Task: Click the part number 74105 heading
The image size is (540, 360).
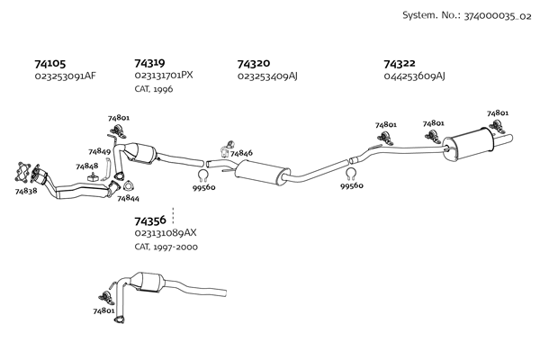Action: tap(50, 64)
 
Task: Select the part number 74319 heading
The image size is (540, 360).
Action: tap(149, 63)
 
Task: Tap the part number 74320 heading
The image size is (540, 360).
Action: tap(254, 64)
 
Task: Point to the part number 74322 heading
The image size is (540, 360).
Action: tap(400, 64)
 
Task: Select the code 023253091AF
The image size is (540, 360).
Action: tap(65, 76)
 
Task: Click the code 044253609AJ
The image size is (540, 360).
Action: tap(415, 76)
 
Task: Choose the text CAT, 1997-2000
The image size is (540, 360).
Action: tap(166, 246)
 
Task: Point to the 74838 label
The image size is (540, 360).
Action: tap(26, 191)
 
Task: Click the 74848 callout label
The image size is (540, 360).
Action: tap(86, 166)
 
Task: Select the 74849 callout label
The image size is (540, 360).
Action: tap(99, 151)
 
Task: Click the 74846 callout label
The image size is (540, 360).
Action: tap(241, 153)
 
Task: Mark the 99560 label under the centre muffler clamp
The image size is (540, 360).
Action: tap(352, 185)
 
